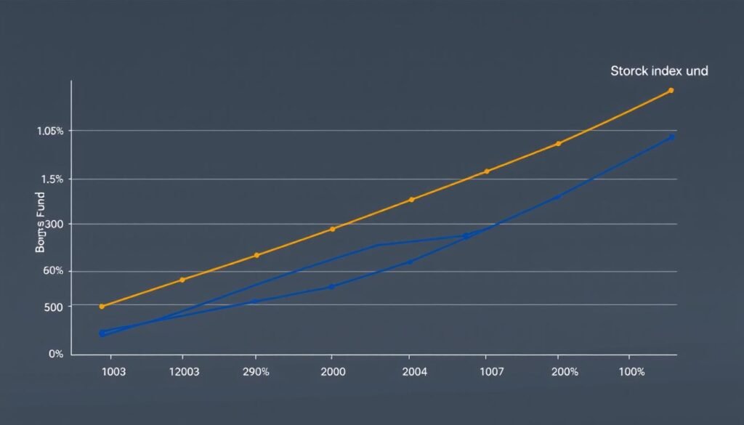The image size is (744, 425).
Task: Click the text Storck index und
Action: click(659, 71)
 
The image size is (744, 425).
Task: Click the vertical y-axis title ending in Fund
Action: click(40, 222)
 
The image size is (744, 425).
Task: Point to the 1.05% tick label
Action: click(50, 131)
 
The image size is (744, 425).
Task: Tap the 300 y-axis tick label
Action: click(54, 224)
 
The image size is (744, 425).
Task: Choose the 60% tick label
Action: click(54, 271)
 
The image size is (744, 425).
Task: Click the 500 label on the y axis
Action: click(54, 307)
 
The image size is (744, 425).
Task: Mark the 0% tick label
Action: click(56, 355)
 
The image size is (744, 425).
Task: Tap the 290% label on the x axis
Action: click(256, 372)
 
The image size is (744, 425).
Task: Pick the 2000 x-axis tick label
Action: click(332, 372)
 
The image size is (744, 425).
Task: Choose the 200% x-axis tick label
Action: click(565, 372)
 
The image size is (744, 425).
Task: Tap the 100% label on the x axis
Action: click(631, 372)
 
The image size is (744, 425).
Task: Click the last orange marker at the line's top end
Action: click(671, 91)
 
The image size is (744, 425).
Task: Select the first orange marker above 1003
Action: click(102, 307)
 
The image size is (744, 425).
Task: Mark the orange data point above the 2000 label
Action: click(333, 230)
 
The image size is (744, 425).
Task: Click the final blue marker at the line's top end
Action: click(671, 137)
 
